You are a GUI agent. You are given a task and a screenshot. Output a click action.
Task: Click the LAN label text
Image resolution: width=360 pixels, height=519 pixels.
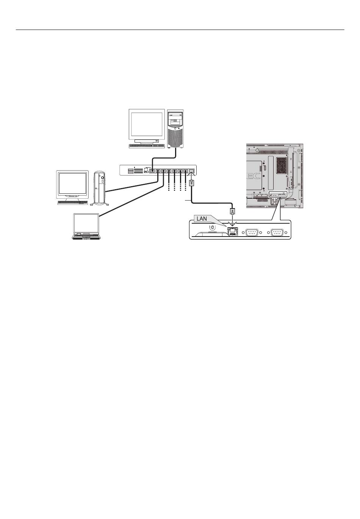(x=202, y=219)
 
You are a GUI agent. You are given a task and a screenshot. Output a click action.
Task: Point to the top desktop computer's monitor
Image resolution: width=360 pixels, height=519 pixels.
(x=146, y=125)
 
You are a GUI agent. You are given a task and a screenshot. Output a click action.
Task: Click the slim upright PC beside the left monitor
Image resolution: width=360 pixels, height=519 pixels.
(x=100, y=187)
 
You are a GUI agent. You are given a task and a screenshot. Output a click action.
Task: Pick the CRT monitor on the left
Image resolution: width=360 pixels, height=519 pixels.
(x=72, y=185)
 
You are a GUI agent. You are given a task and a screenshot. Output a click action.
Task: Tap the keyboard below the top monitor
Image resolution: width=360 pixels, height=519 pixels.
(x=144, y=146)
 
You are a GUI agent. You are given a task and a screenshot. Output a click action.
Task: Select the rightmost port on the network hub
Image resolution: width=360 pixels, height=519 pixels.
(x=192, y=171)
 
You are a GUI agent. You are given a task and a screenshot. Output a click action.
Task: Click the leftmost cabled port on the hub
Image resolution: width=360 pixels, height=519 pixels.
(x=152, y=171)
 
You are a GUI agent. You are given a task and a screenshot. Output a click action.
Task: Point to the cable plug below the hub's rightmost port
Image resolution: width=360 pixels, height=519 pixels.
(x=192, y=183)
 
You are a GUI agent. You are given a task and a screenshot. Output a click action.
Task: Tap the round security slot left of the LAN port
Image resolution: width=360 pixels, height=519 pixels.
(x=212, y=227)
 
